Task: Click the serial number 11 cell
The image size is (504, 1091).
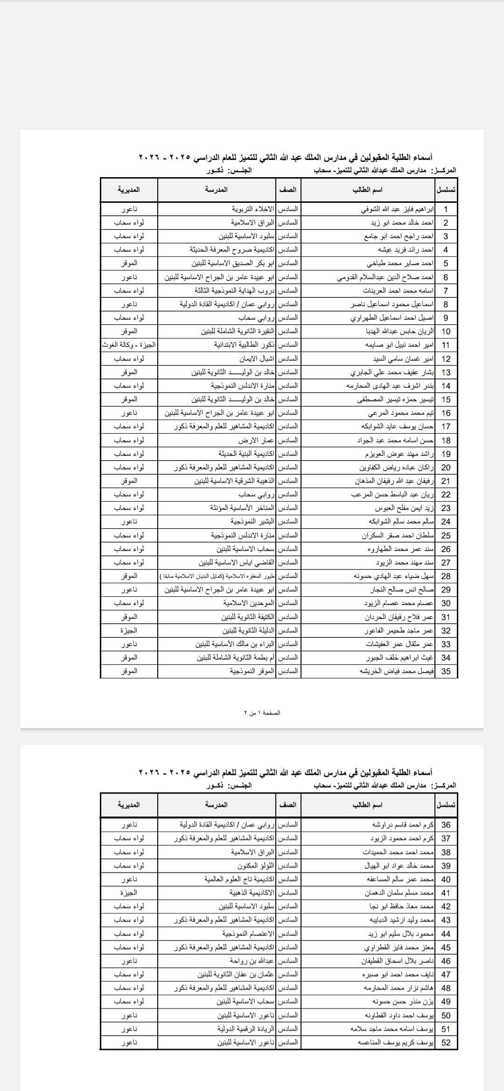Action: [x=446, y=345]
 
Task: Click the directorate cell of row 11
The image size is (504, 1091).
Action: [x=129, y=345]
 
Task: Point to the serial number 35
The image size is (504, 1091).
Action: [x=446, y=671]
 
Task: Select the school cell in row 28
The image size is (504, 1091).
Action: [x=217, y=576]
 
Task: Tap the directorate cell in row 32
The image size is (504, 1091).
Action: [x=129, y=630]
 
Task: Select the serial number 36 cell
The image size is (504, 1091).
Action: [x=446, y=825]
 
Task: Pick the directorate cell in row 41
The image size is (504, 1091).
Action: [x=129, y=893]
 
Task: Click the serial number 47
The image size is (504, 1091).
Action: [x=446, y=974]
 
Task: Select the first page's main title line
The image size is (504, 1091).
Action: [x=286, y=158]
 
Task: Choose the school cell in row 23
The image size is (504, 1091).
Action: [x=242, y=508]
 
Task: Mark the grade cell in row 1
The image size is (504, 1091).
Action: [x=288, y=209]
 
